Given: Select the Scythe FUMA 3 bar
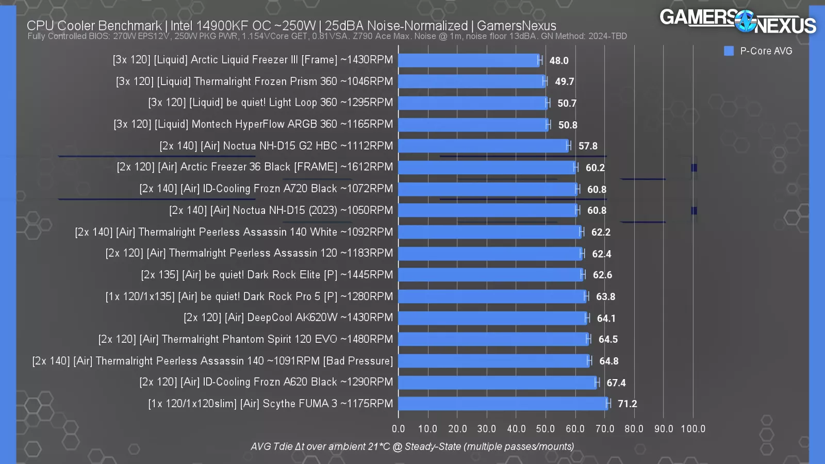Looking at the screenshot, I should [x=503, y=404].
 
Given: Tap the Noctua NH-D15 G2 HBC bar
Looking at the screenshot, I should [x=484, y=146].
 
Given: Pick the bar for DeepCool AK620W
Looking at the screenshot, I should [x=493, y=318].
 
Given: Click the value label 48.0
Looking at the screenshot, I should [x=559, y=60].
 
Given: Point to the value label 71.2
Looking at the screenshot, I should [x=628, y=404].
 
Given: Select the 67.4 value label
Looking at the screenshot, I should [x=616, y=383].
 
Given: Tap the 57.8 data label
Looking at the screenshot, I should [x=588, y=146].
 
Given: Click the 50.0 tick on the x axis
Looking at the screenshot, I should [x=546, y=428].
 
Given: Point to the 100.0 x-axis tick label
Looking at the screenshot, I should [x=693, y=428].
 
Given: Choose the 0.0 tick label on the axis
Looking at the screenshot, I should [x=398, y=428].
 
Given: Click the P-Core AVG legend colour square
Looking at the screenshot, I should [x=729, y=51].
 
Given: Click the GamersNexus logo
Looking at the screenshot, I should [x=738, y=22].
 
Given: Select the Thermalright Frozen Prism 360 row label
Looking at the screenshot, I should [x=254, y=81].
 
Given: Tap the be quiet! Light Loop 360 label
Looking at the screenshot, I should [x=270, y=103].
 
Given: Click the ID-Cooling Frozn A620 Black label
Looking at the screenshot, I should [x=266, y=382].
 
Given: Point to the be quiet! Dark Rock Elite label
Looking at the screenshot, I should [x=267, y=275].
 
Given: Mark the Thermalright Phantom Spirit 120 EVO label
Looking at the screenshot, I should [x=245, y=339].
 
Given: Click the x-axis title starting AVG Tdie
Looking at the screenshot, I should [x=412, y=446].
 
